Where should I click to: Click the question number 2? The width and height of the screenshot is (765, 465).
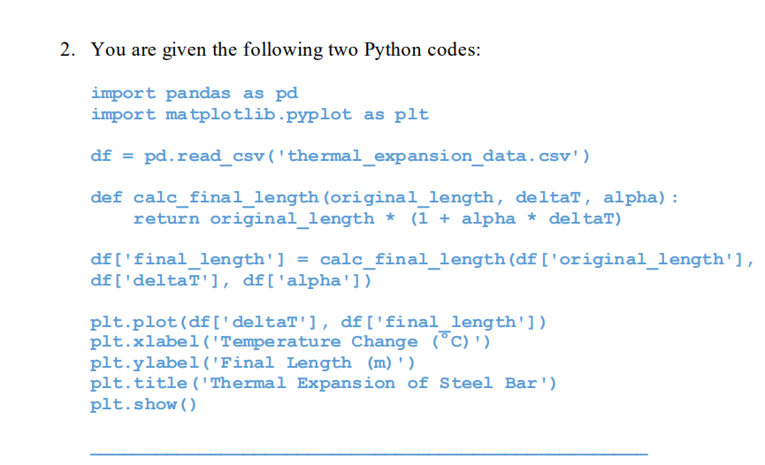pyautogui.click(x=66, y=50)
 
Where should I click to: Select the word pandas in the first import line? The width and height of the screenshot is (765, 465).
pyautogui.click(x=198, y=93)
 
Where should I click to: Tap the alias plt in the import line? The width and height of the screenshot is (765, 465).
pyautogui.click(x=413, y=114)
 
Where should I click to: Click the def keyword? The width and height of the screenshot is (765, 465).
pyautogui.click(x=106, y=197)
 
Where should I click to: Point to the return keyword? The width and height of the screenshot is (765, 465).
pyautogui.click(x=166, y=217)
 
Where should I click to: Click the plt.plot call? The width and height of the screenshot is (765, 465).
pyautogui.click(x=134, y=322)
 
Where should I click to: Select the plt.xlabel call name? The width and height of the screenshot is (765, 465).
pyautogui.click(x=144, y=342)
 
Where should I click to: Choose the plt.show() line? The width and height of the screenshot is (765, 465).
pyautogui.click(x=144, y=404)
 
